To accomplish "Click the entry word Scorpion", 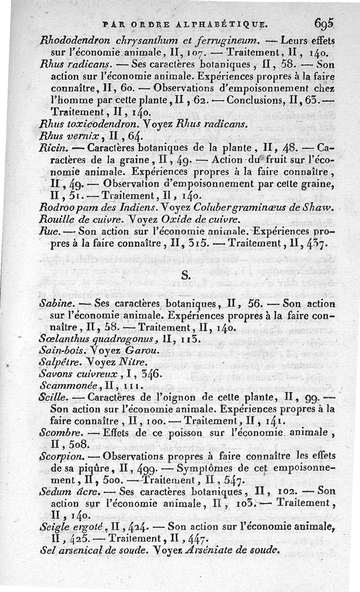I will click(x=59, y=455).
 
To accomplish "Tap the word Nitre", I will click(x=134, y=362).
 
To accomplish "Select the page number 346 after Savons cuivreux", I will click(x=148, y=374).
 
